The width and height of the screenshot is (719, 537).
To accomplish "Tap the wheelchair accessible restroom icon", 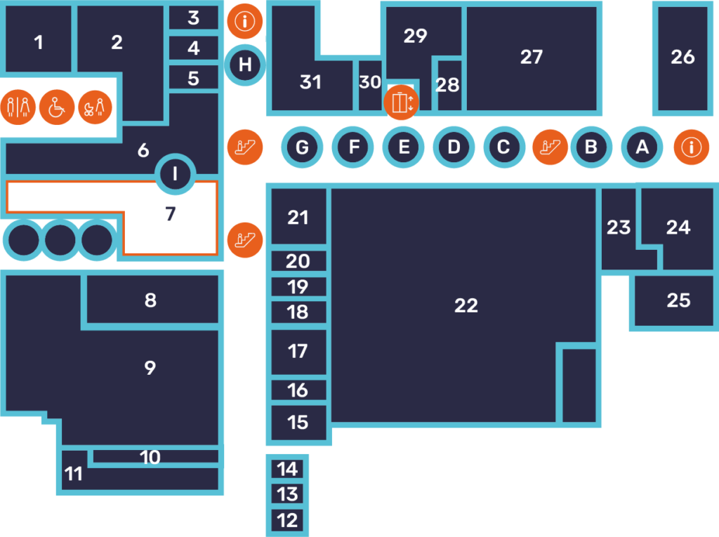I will [x=56, y=107].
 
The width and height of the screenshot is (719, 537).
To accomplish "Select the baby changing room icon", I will [x=95, y=107].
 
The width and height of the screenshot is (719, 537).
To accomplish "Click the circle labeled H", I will [x=245, y=65].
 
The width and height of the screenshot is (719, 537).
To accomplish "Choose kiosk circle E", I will [x=403, y=147].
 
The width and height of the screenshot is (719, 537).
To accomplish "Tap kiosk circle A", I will [x=641, y=147].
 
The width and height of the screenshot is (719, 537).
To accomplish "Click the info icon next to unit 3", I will [x=245, y=21].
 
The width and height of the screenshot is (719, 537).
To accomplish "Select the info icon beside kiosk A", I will [x=692, y=147].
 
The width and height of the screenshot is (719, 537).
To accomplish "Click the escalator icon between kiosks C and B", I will [x=550, y=147].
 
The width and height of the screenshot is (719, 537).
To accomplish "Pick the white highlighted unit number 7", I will [x=170, y=214].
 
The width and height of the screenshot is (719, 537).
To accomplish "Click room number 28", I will [x=447, y=86].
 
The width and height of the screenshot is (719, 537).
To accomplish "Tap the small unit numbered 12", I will [x=287, y=520].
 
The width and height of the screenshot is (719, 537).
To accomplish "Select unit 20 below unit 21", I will [x=298, y=261].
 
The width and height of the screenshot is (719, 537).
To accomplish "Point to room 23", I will [x=619, y=228].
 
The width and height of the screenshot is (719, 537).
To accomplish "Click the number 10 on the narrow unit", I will [x=150, y=457].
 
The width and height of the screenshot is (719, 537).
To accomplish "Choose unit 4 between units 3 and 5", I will [x=194, y=48].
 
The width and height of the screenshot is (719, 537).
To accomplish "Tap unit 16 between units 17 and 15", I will [x=298, y=390].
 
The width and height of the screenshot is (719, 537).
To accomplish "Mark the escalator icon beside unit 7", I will [x=245, y=239].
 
